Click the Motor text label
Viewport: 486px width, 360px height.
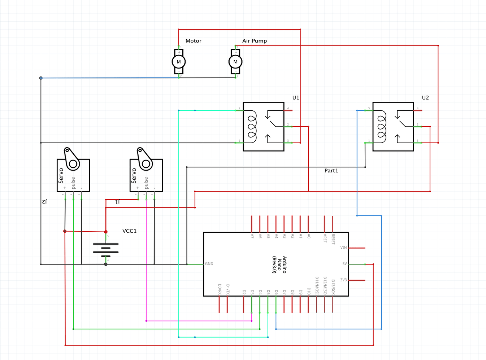[x=193, y=41]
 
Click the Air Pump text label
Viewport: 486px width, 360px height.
[x=254, y=41]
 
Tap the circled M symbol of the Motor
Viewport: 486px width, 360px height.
[x=179, y=62]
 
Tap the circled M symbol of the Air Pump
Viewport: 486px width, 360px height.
[x=235, y=62]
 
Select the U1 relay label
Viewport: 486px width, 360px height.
[x=296, y=98]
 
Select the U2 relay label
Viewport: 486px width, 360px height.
[x=425, y=98]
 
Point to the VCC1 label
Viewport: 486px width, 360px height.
[x=129, y=231]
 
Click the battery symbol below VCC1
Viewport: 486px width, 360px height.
[x=106, y=248]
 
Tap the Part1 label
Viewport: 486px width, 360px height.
[x=331, y=171]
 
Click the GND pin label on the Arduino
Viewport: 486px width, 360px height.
[x=209, y=264]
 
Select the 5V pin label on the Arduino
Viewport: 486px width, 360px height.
[x=344, y=264]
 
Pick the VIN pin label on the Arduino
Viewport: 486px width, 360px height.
[x=343, y=248]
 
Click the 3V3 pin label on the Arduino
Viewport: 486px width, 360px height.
[x=343, y=280]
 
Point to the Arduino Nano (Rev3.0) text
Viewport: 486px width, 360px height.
[x=279, y=264]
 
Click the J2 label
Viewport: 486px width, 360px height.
[x=44, y=202]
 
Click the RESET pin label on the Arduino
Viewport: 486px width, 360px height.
[x=333, y=239]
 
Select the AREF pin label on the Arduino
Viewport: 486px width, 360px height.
[x=325, y=238]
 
